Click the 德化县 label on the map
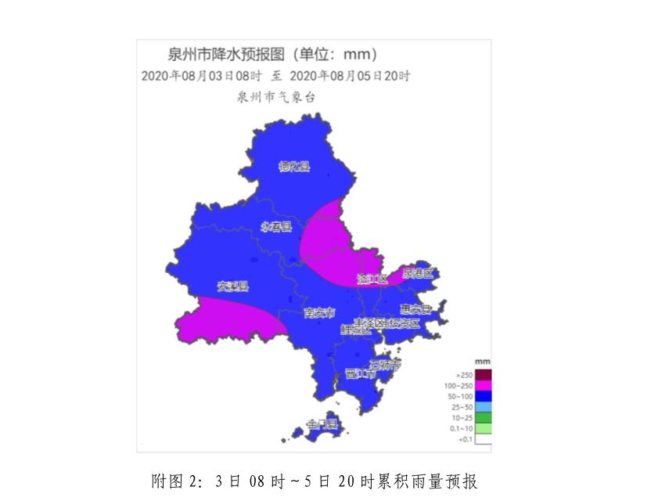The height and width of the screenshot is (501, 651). [x=294, y=166]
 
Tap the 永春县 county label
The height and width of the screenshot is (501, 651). [x=275, y=227]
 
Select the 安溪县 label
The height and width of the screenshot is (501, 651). [x=232, y=286]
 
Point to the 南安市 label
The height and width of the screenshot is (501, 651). [x=318, y=313]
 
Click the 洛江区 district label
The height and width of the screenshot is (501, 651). [x=372, y=279]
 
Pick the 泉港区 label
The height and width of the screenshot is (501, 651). [x=417, y=273]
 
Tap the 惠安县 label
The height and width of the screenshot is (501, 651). [x=415, y=308]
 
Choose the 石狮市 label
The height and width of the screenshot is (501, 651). [x=385, y=365]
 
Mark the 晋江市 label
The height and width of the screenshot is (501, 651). [x=361, y=374]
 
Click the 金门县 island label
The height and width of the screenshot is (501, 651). [x=322, y=424]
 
